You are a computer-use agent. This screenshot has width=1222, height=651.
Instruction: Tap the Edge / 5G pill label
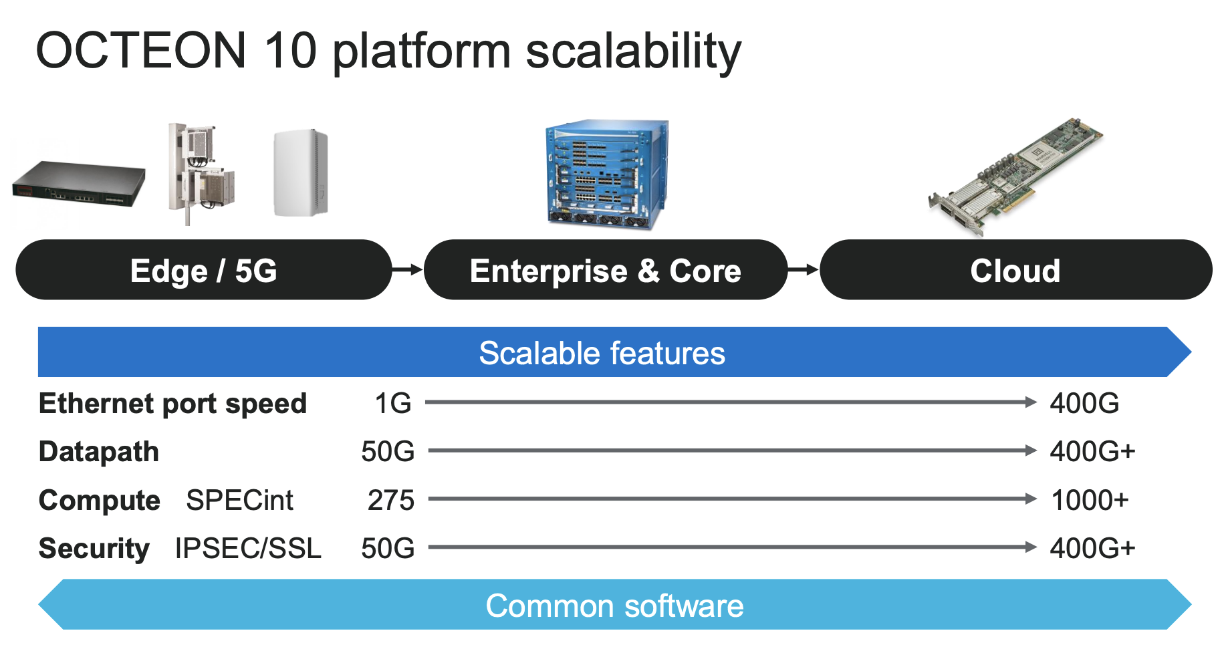click(x=203, y=271)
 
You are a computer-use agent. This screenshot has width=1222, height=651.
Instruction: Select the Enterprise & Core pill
click(x=605, y=271)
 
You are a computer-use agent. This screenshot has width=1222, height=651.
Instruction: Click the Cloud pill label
click(x=1015, y=271)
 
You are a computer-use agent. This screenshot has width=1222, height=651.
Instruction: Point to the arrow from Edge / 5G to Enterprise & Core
click(x=407, y=269)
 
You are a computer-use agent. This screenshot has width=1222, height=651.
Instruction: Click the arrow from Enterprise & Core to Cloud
click(x=803, y=269)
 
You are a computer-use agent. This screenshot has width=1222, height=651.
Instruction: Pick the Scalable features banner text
click(x=602, y=353)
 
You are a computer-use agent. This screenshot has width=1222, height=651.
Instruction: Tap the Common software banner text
click(x=614, y=606)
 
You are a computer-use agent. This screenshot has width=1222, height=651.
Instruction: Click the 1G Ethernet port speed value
click(x=393, y=403)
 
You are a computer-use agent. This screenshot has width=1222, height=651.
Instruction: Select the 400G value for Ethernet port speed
click(x=1084, y=403)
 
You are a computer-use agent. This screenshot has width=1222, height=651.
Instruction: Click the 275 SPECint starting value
click(x=391, y=500)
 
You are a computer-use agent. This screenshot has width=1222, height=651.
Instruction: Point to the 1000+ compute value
click(x=1090, y=500)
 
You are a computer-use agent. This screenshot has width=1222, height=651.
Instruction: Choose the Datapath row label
click(x=99, y=452)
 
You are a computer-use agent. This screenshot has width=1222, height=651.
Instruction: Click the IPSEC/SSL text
click(x=248, y=548)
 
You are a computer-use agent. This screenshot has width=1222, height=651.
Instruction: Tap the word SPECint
click(x=239, y=500)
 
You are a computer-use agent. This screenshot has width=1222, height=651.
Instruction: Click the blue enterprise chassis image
click(x=607, y=175)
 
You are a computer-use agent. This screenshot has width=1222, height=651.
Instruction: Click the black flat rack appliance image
click(x=79, y=183)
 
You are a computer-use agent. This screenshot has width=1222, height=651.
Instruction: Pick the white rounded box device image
click(x=301, y=172)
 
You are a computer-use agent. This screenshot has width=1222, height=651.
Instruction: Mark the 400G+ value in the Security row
click(x=1092, y=548)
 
